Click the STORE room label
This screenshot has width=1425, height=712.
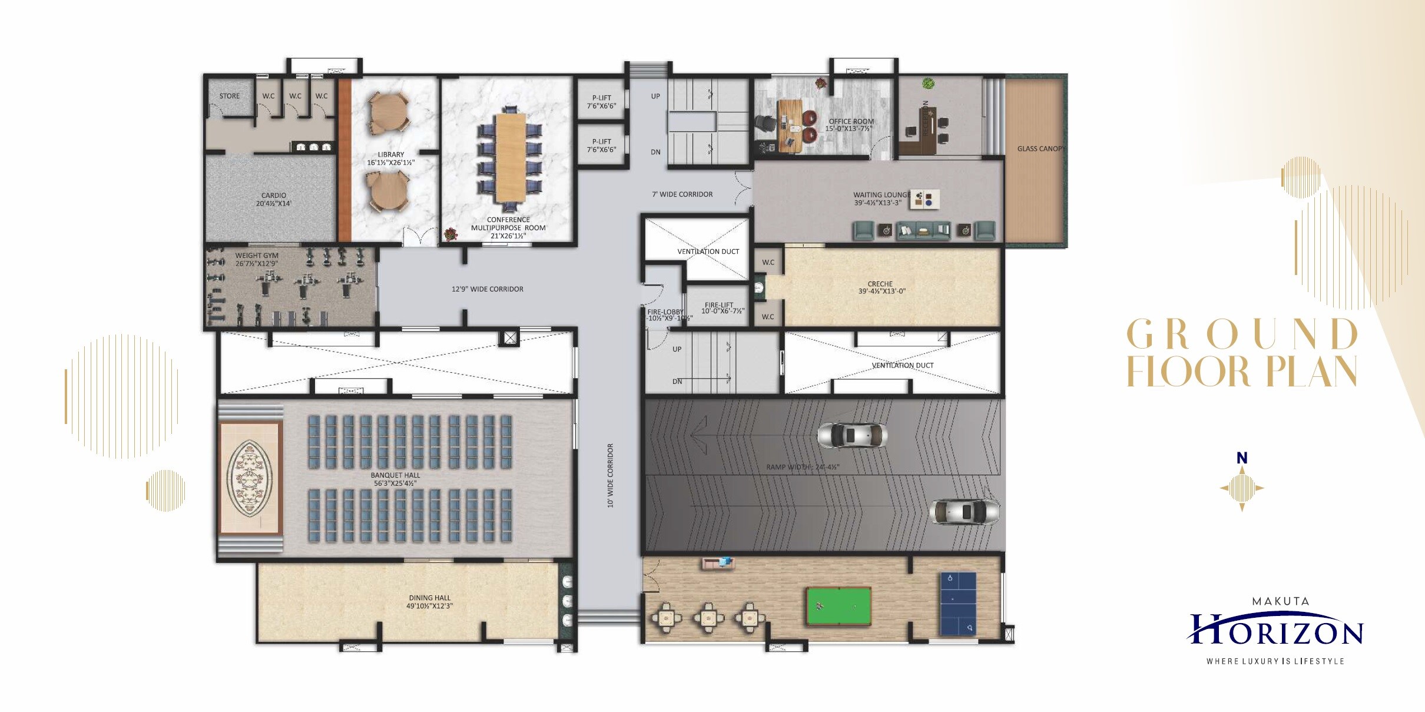[229, 96]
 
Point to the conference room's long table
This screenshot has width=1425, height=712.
[510, 157]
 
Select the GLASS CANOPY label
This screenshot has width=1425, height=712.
[1040, 149]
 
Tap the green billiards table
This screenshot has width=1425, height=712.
[839, 605]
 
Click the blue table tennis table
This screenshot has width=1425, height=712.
[958, 603]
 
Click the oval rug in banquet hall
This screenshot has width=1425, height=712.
[250, 478]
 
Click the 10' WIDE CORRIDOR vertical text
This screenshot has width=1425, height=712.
[611, 475]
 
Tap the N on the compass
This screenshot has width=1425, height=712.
[1242, 458]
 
